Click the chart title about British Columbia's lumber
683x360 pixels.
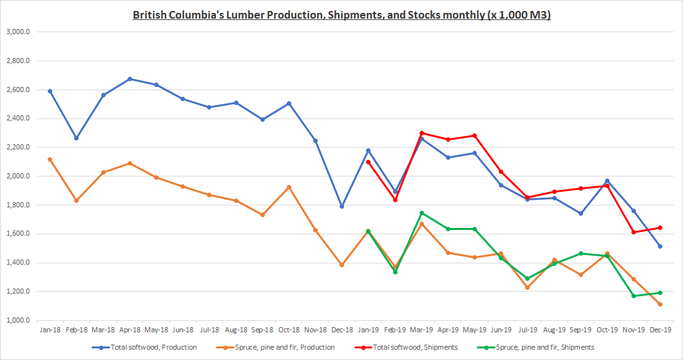point(341,14)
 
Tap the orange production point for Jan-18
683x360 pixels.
point(50,159)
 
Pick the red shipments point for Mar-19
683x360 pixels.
point(421,133)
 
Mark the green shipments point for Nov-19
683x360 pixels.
point(633,296)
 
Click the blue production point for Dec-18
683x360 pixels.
point(341,206)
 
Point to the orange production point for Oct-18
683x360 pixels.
point(289,187)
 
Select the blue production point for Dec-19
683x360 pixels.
point(660,246)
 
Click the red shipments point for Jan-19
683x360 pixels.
point(368,162)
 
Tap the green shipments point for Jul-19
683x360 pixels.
point(527,278)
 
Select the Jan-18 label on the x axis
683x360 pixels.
point(50,329)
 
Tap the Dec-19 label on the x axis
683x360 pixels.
point(660,329)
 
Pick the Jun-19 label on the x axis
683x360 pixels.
point(501,329)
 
